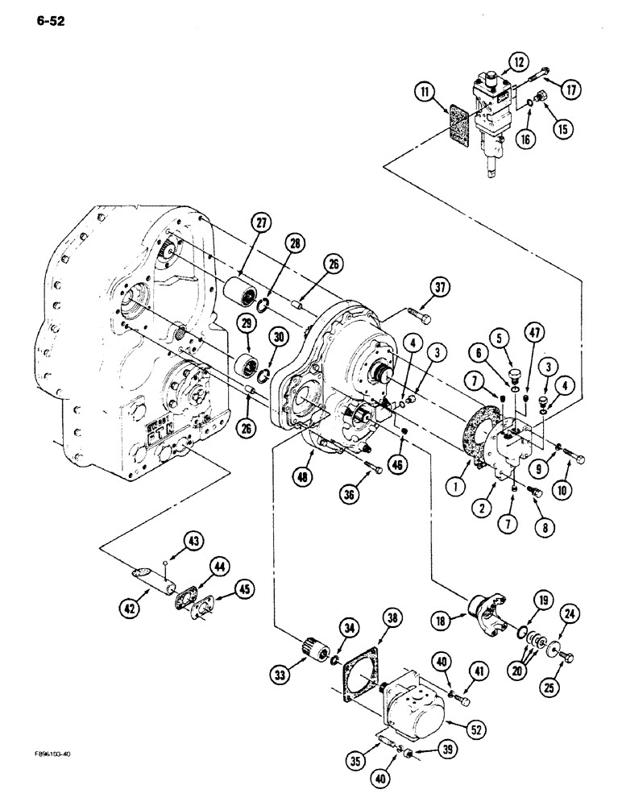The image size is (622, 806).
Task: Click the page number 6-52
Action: coord(47,21)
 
